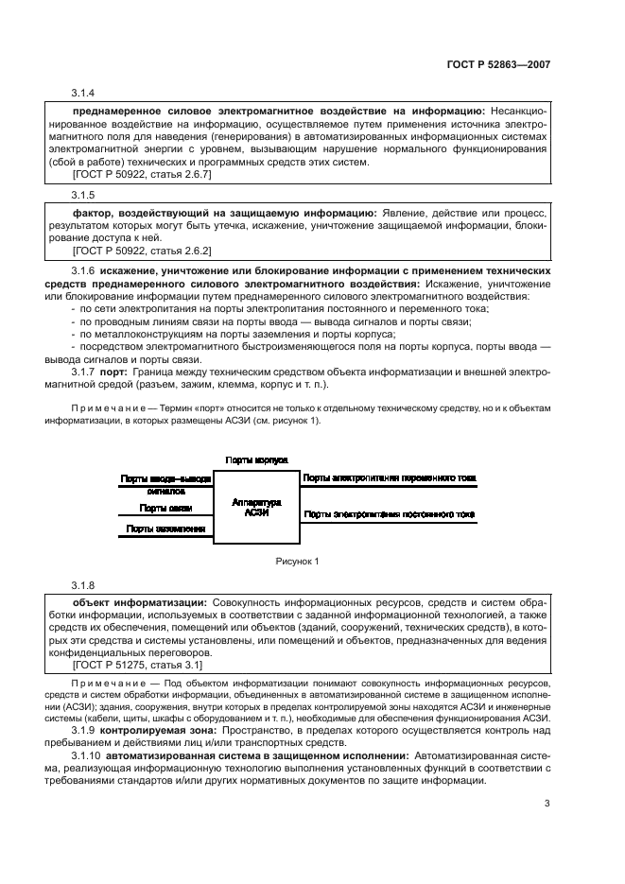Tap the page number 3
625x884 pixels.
(x=547, y=804)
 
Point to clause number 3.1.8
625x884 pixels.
(x=83, y=586)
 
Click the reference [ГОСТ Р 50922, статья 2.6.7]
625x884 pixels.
(x=142, y=174)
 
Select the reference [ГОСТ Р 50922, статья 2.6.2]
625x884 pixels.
(x=142, y=251)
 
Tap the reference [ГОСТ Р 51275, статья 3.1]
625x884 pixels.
(x=137, y=666)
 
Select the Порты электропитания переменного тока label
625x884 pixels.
(x=389, y=478)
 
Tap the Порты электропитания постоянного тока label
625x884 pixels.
(x=389, y=514)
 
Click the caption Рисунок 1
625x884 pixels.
(x=297, y=562)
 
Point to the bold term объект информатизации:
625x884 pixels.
(x=140, y=601)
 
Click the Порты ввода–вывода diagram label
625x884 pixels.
(x=165, y=478)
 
